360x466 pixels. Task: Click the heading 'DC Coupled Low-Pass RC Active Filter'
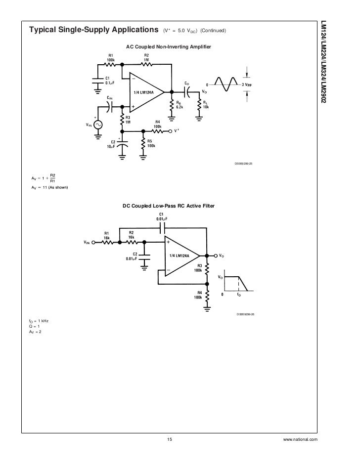point(169,206)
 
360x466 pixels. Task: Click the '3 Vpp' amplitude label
point(246,85)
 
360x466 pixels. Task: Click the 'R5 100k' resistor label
point(150,143)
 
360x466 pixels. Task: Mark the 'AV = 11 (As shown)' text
point(49,188)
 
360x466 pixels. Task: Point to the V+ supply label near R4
point(177,131)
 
